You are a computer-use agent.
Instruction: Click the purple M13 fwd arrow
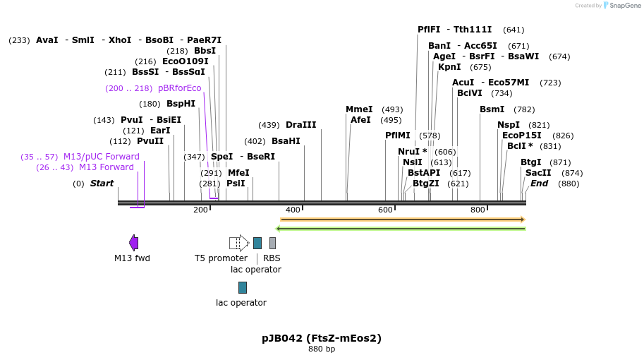point(133,243)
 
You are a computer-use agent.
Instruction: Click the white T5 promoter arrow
point(238,243)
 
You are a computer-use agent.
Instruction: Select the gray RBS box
point(272,243)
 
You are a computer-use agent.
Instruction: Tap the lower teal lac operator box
point(243,287)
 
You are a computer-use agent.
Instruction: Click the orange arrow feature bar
point(402,220)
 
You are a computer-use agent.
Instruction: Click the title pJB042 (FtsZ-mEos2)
point(322,338)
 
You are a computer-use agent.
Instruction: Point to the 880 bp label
point(322,349)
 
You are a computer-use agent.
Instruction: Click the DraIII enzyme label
point(300,125)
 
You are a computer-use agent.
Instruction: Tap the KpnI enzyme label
point(449,67)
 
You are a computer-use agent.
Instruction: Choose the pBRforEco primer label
point(179,88)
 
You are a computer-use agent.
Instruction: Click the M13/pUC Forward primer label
point(101,157)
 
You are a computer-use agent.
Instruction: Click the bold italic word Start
point(102,184)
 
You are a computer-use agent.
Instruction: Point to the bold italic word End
point(539,184)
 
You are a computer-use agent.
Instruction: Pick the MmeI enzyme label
point(359,109)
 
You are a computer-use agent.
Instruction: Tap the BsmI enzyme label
point(492,109)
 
